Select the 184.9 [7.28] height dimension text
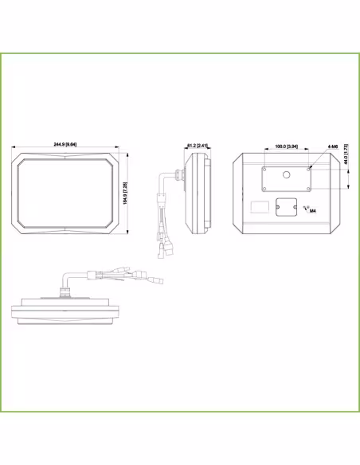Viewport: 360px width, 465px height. (x=126, y=194)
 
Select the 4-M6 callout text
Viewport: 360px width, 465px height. (x=331, y=147)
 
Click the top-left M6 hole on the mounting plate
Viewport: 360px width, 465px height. (x=264, y=168)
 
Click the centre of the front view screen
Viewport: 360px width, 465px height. (x=68, y=194)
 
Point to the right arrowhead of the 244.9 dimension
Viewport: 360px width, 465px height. (x=120, y=150)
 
